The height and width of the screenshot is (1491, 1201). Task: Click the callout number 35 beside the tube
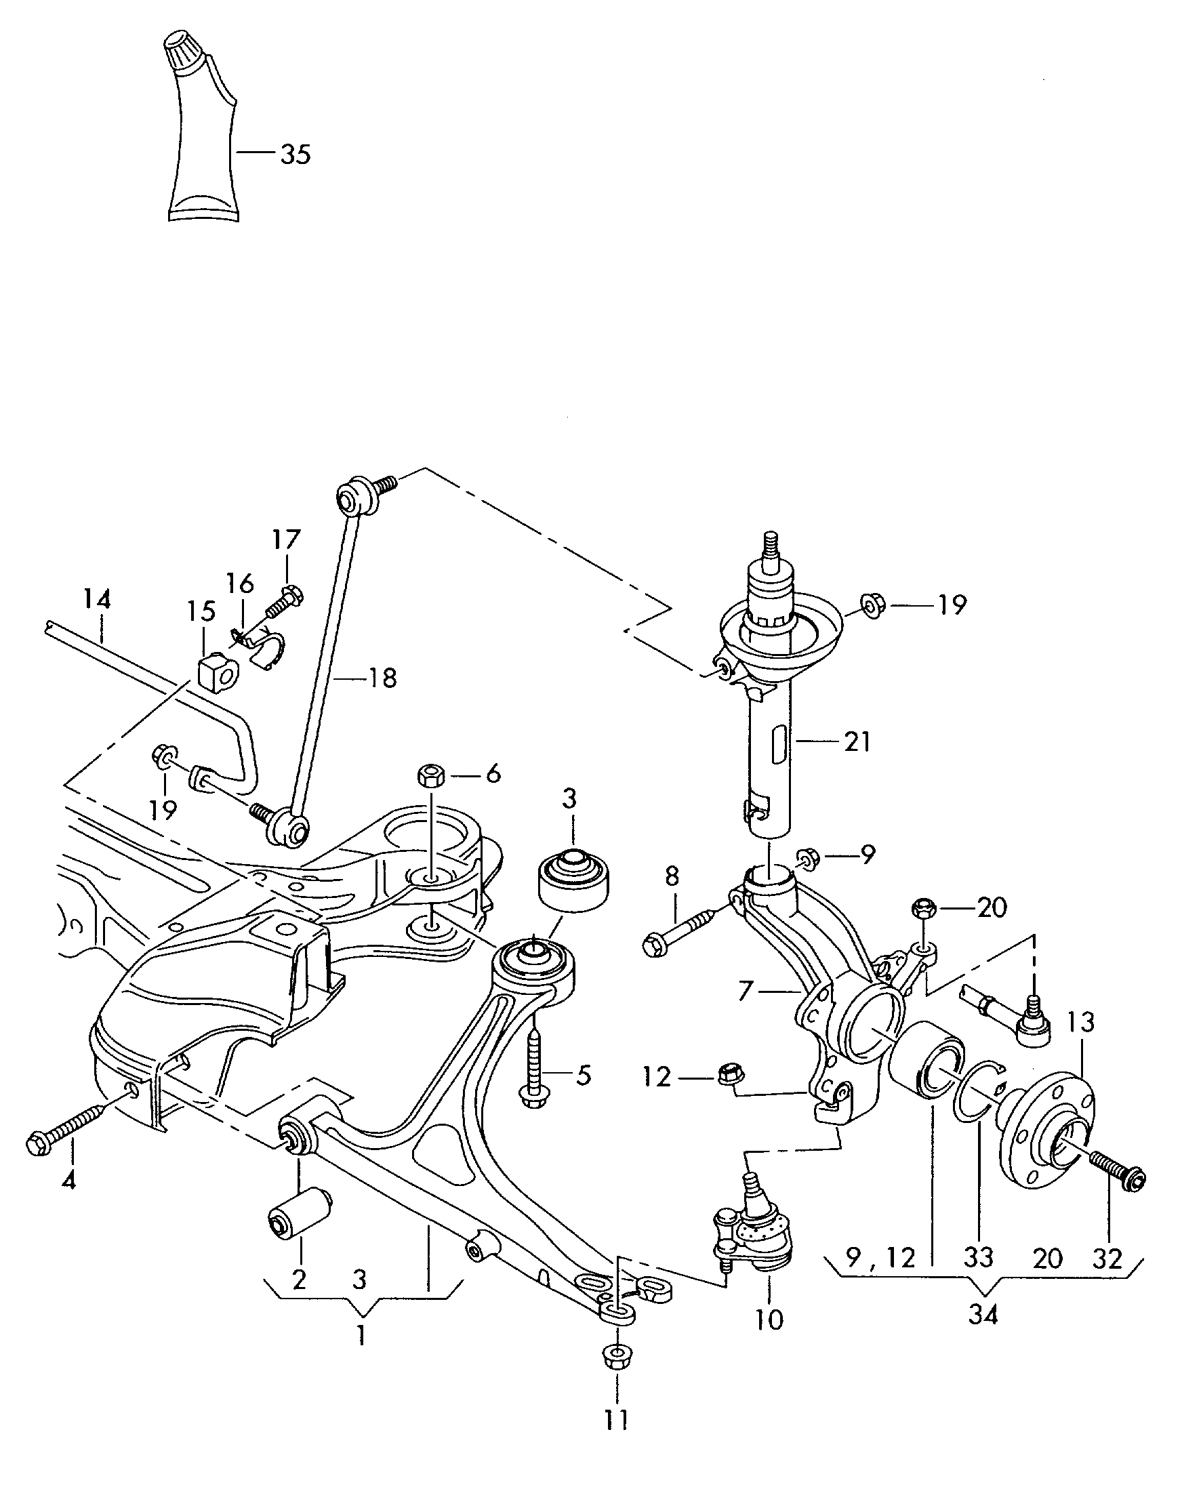pyautogui.click(x=296, y=155)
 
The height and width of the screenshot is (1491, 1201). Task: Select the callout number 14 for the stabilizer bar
pyautogui.click(x=98, y=599)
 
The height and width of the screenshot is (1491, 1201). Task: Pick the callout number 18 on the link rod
pyautogui.click(x=382, y=678)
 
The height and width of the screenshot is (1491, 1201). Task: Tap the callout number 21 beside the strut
pyautogui.click(x=857, y=741)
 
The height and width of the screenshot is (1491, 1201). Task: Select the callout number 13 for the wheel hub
pyautogui.click(x=1080, y=1022)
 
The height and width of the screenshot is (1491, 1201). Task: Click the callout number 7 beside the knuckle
pyautogui.click(x=745, y=992)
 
